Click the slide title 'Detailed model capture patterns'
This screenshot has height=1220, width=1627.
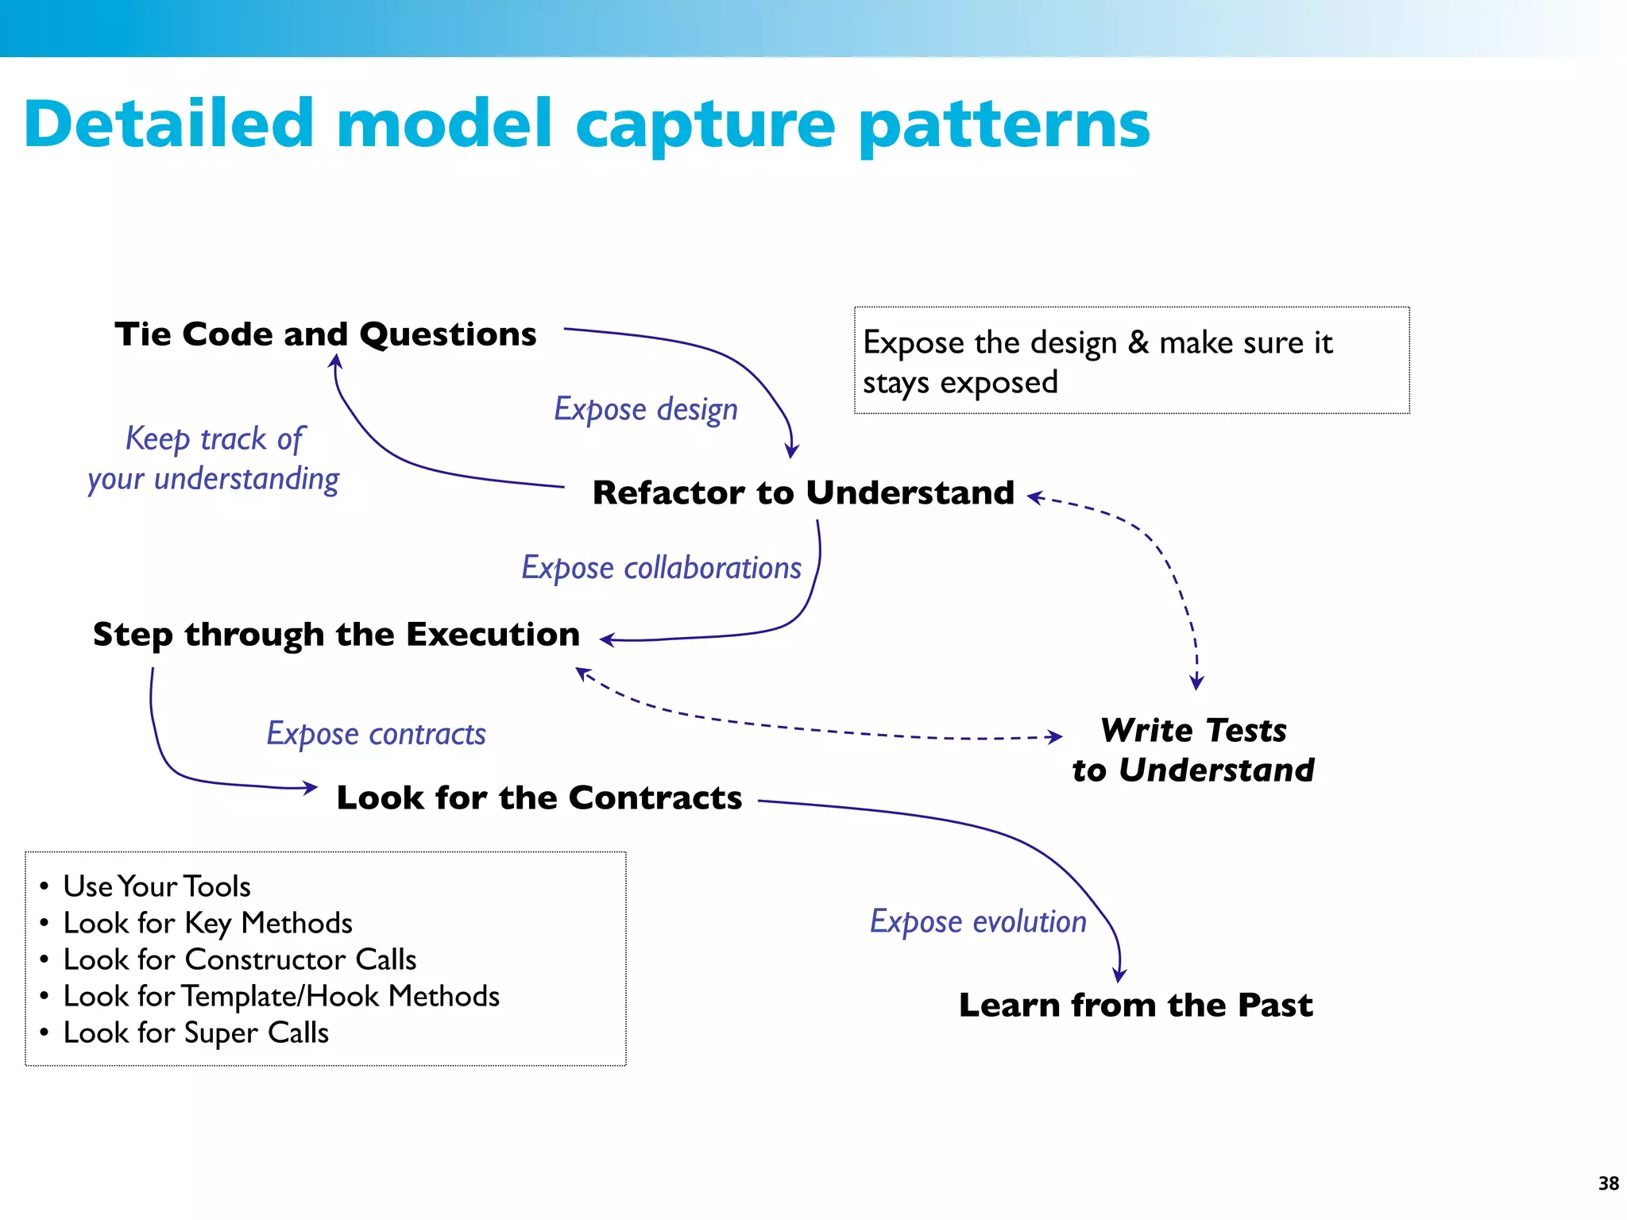coord(586,124)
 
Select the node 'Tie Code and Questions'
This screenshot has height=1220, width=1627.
coord(325,334)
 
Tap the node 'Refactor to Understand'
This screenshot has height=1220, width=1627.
coord(803,492)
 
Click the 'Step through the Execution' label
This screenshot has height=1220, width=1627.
coord(336,635)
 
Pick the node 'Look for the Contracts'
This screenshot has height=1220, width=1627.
coord(539,797)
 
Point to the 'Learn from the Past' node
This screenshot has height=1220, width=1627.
coord(1135,1005)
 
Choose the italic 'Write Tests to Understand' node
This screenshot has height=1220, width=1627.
coord(1192,750)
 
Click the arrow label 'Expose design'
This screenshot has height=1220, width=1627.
coord(645,409)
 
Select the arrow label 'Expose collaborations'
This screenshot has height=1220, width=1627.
coord(661,568)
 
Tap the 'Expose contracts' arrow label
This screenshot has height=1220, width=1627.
coord(376,734)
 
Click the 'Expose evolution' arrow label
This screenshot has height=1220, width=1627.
coord(978,921)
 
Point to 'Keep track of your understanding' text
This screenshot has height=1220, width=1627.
coord(213,459)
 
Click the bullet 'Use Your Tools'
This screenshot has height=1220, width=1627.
coord(157,886)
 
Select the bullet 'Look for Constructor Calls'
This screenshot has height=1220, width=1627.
coord(239,959)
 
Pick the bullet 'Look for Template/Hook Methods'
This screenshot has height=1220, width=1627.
coord(281,996)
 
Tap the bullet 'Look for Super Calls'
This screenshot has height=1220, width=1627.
coord(195,1033)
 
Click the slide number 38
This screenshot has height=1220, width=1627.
coord(1608,1183)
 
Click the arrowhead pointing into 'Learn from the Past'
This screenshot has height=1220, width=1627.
coord(1119,975)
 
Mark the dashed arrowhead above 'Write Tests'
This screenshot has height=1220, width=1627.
coord(1196,681)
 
